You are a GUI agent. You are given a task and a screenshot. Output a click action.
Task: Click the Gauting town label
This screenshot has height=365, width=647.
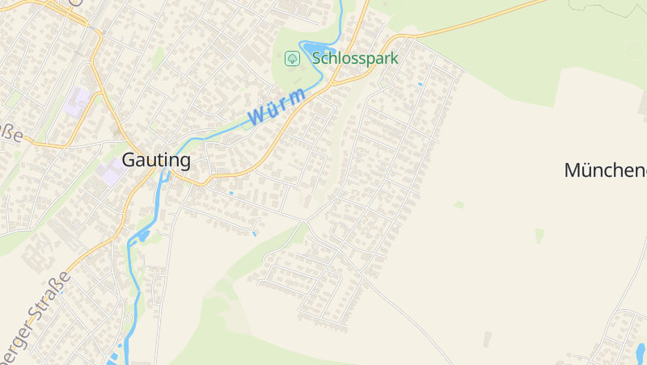[x=156, y=160]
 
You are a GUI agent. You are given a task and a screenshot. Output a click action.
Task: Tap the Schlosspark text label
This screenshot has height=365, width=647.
[x=355, y=58]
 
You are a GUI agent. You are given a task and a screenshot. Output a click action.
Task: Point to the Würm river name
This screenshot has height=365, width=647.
[x=277, y=107]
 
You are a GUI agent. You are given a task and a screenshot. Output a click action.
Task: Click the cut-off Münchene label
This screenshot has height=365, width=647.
[x=605, y=170]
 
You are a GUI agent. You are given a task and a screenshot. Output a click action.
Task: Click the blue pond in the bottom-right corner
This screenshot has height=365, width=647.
[x=641, y=351]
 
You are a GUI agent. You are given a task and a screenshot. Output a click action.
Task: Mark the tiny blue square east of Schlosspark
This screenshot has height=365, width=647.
[x=420, y=83]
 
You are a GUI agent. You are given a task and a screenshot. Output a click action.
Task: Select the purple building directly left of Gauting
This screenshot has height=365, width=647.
[x=108, y=172]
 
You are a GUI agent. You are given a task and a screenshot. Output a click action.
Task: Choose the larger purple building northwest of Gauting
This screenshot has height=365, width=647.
[x=78, y=101]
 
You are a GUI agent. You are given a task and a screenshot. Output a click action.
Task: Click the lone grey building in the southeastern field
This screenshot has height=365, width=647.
[x=487, y=339]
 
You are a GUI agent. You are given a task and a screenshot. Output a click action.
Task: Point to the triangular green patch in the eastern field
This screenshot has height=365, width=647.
[x=539, y=235]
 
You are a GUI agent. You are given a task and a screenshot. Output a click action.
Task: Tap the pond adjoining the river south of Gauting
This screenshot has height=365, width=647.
[x=143, y=236]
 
